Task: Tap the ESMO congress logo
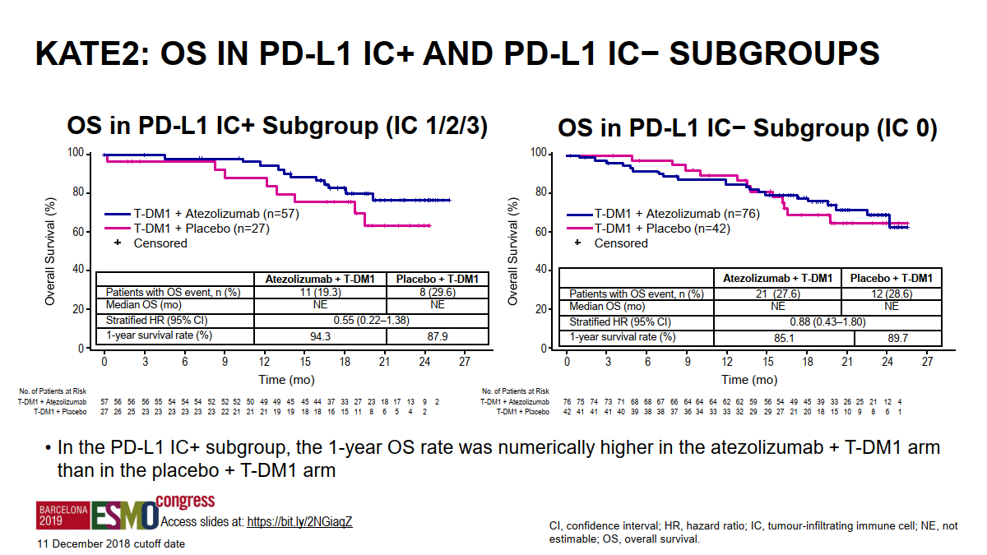click(124, 515)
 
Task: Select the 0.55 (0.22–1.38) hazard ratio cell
click(369, 320)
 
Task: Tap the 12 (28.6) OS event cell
click(892, 294)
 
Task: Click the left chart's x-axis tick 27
click(464, 362)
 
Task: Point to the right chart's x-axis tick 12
click(727, 362)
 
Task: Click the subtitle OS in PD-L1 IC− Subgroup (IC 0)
click(747, 128)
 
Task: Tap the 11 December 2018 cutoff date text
click(110, 543)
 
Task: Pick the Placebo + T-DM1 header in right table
click(892, 278)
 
